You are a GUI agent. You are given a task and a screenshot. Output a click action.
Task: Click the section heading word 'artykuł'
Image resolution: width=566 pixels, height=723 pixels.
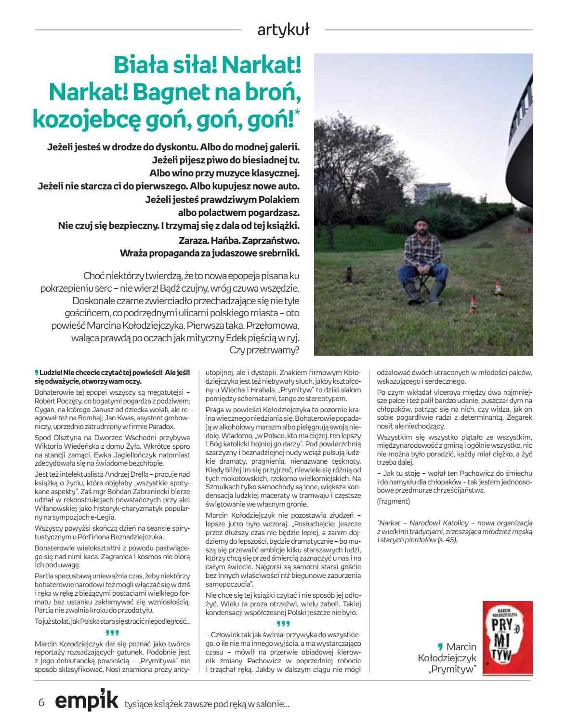coord(283,30)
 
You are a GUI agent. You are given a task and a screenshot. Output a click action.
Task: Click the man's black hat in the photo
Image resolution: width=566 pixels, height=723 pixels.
coord(422,217)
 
